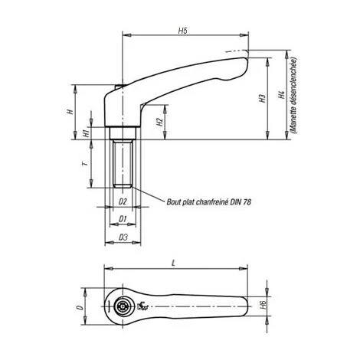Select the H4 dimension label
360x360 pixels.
281,97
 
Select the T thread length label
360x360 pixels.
83,163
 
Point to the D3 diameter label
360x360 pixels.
122,238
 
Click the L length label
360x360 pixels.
176,263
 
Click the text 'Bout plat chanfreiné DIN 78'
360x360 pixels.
208,202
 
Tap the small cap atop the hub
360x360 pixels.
122,87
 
